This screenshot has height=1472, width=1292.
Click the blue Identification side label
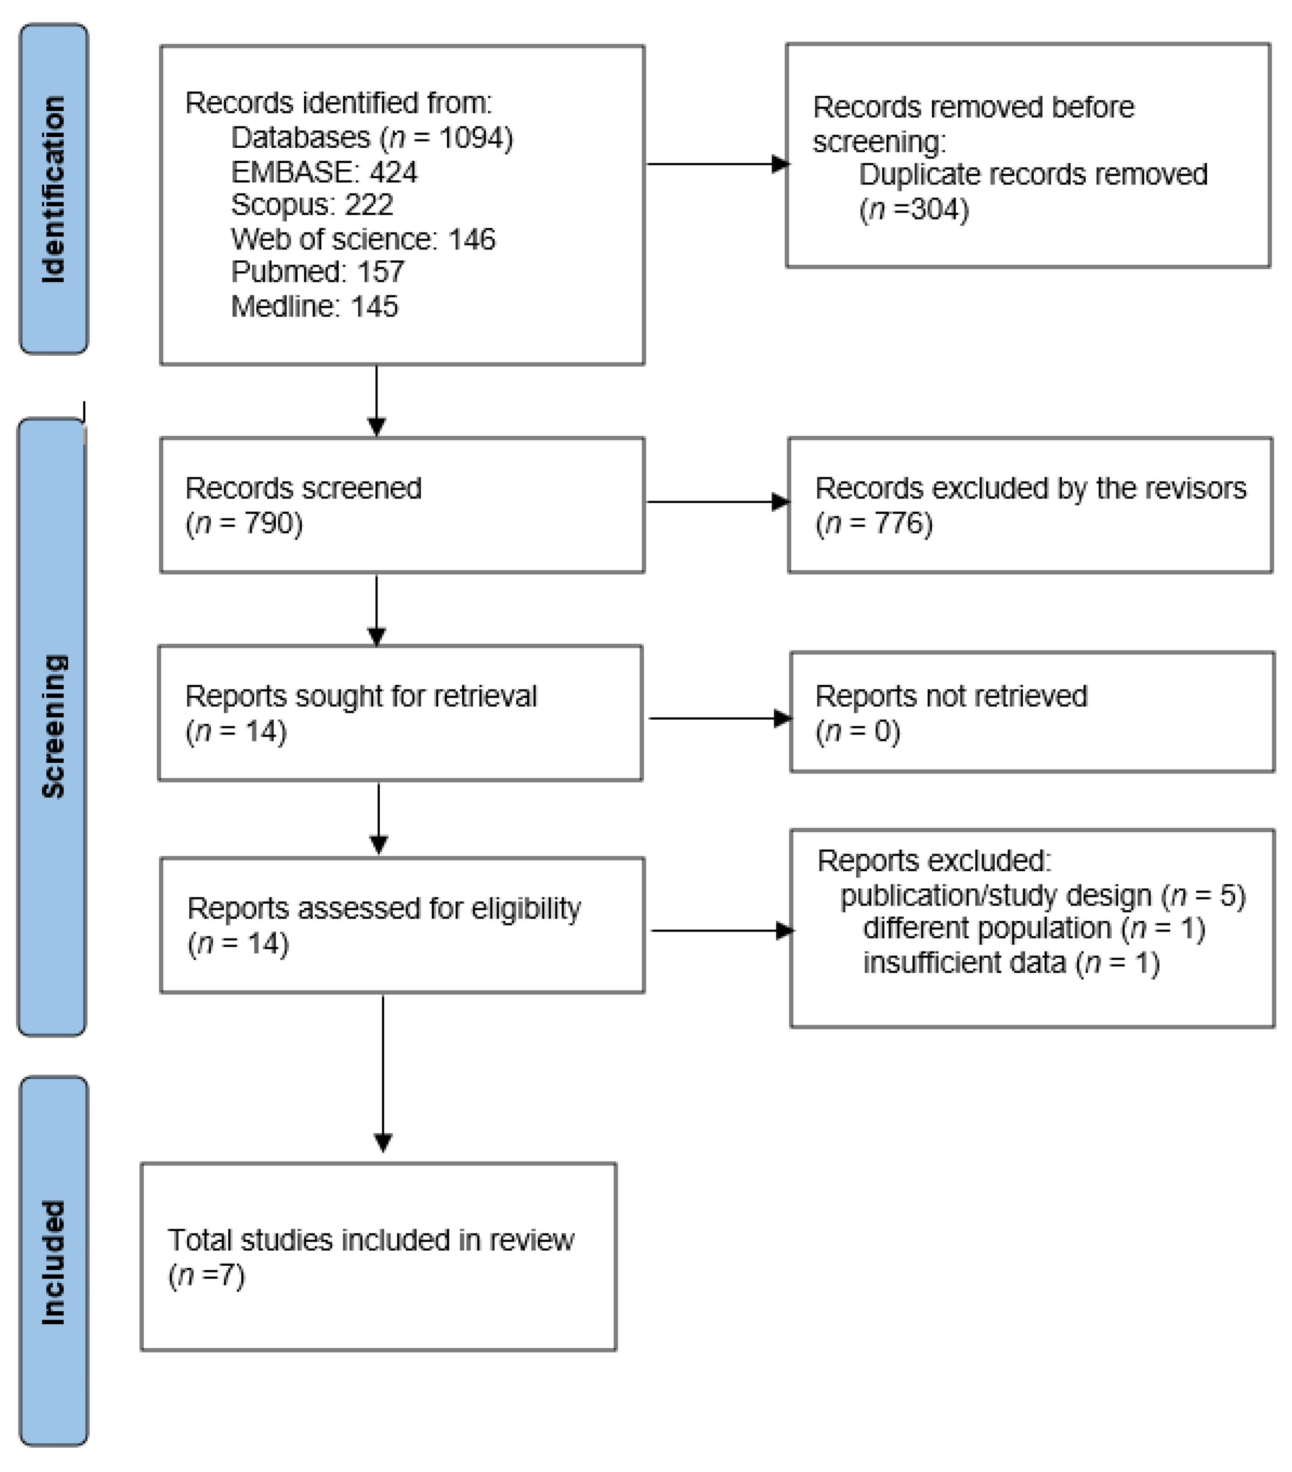coord(53,189)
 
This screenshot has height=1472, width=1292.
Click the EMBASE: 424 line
coord(323,172)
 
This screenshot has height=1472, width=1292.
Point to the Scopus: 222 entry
coord(312,205)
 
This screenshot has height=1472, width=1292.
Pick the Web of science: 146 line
coord(363,239)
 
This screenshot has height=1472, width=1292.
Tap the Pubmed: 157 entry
coord(318,272)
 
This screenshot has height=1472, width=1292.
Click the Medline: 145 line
coord(314,307)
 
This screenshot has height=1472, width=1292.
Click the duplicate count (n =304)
coord(914,210)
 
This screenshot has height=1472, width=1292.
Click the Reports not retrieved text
coord(951,696)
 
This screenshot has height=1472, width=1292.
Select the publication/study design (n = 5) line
coord(1042,895)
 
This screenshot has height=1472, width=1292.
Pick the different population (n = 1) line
coord(1034,928)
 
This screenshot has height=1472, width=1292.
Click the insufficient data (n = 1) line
coord(1011,963)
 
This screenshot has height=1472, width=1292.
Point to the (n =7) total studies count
coord(207,1275)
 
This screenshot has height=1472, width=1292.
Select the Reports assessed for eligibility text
coord(384,909)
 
